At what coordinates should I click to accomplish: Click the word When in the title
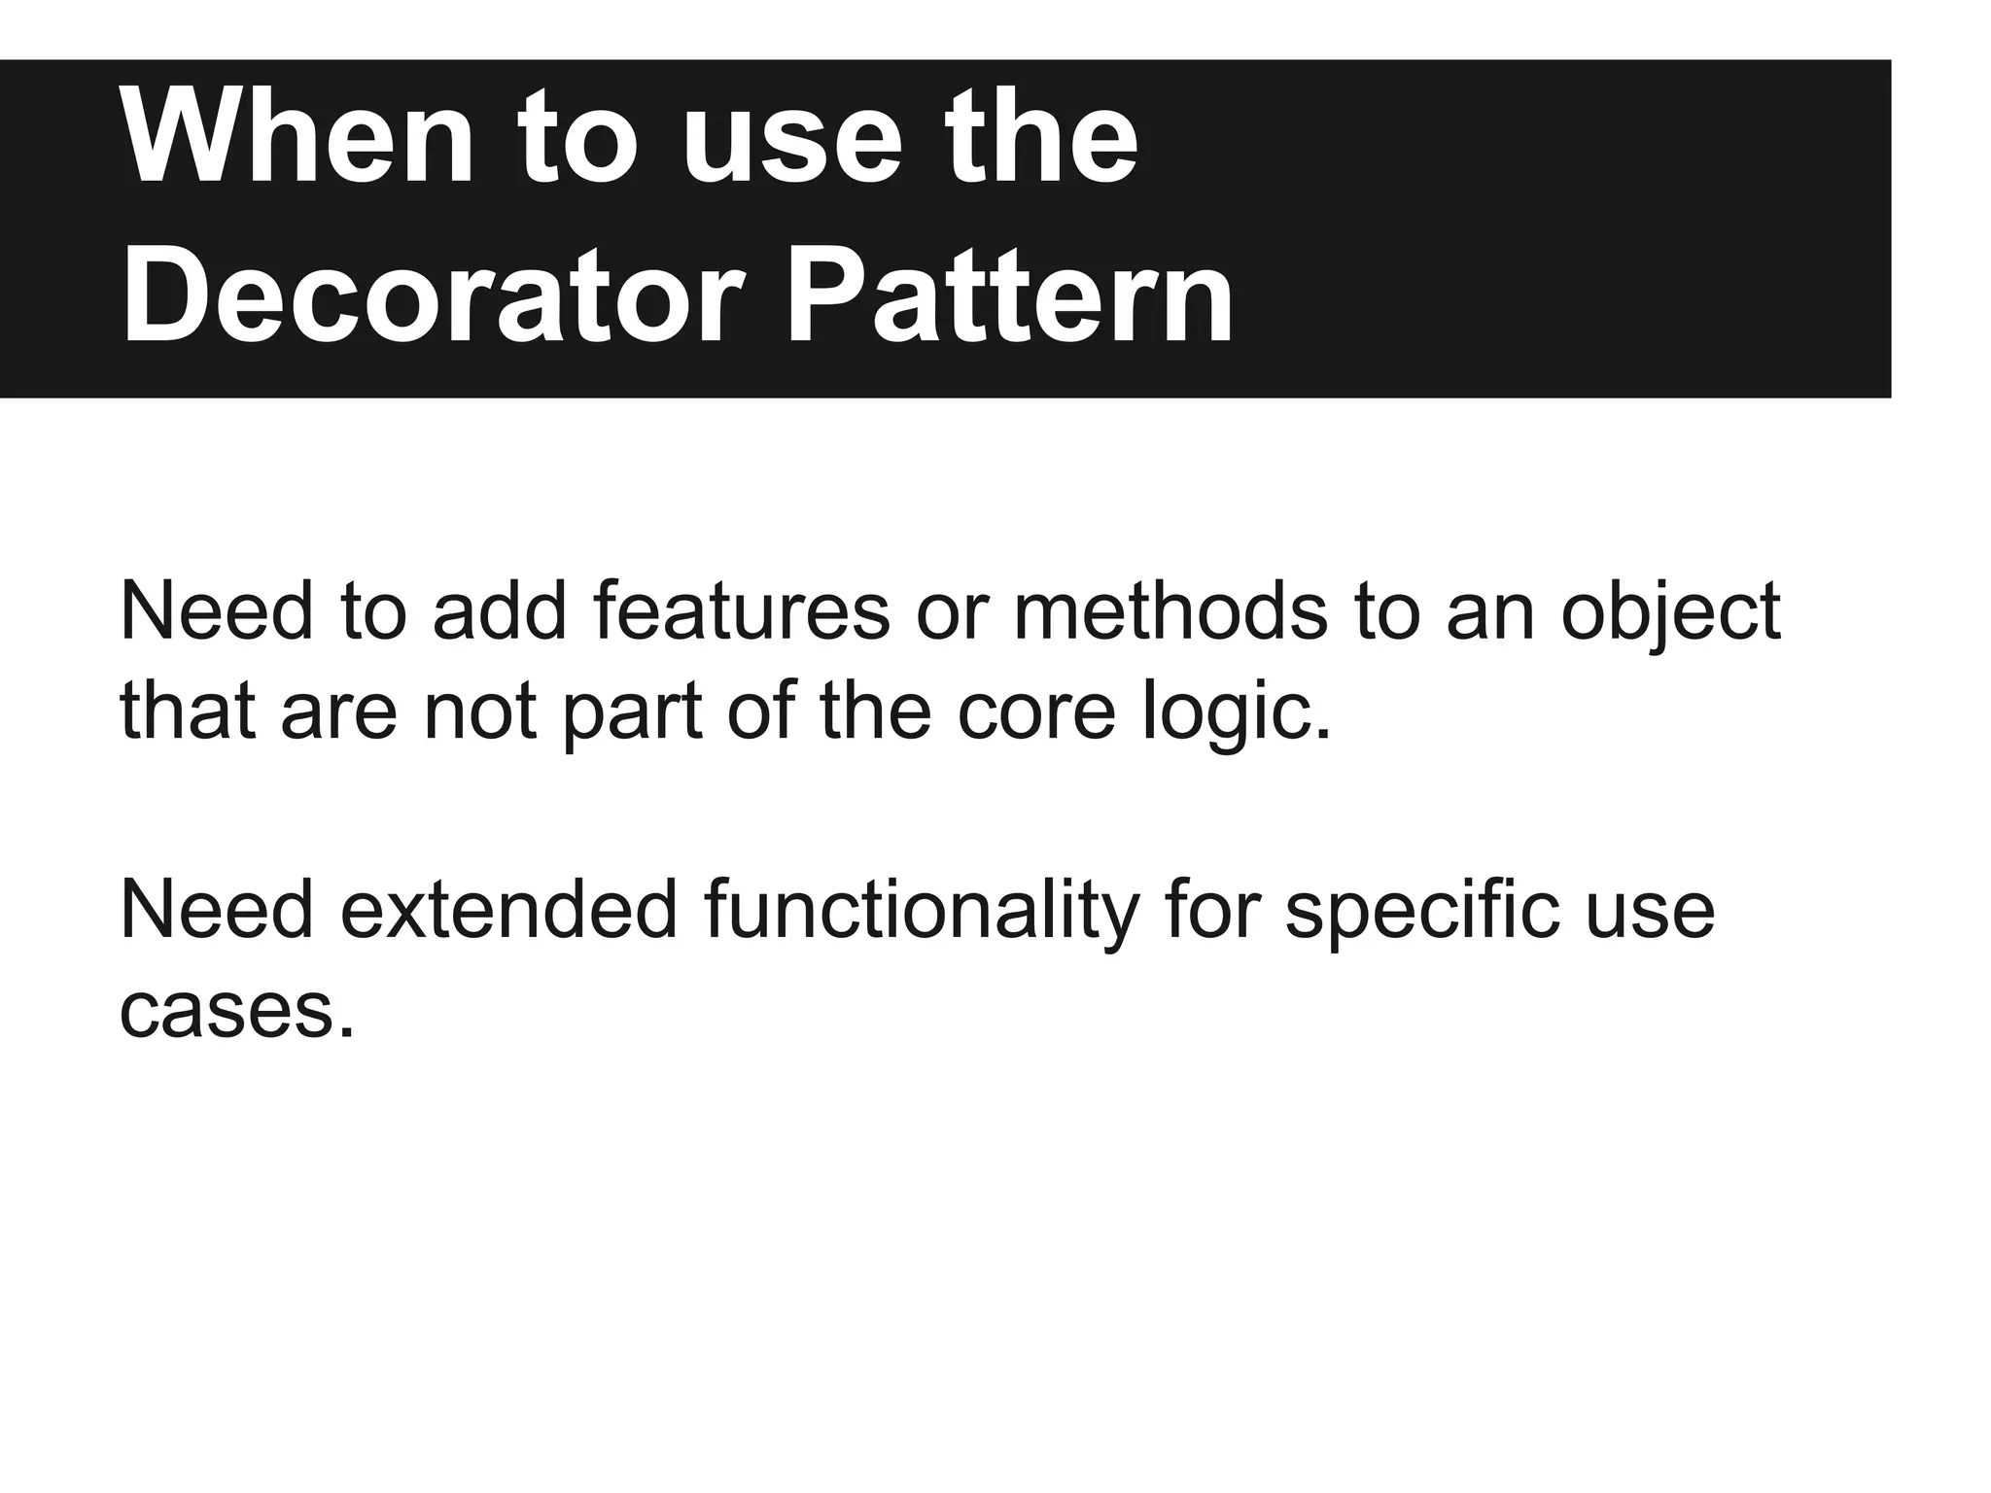click(x=297, y=137)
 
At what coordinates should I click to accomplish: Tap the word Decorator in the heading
click(x=433, y=294)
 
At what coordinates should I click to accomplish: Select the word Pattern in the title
click(x=1008, y=294)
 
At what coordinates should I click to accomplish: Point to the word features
click(x=741, y=612)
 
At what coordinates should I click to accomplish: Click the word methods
click(x=1170, y=612)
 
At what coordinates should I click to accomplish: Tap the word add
click(x=500, y=612)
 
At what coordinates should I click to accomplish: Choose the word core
click(x=1036, y=712)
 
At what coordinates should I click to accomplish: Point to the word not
click(x=479, y=712)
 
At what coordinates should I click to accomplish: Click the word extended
click(x=508, y=911)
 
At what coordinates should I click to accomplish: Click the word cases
click(x=236, y=1012)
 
